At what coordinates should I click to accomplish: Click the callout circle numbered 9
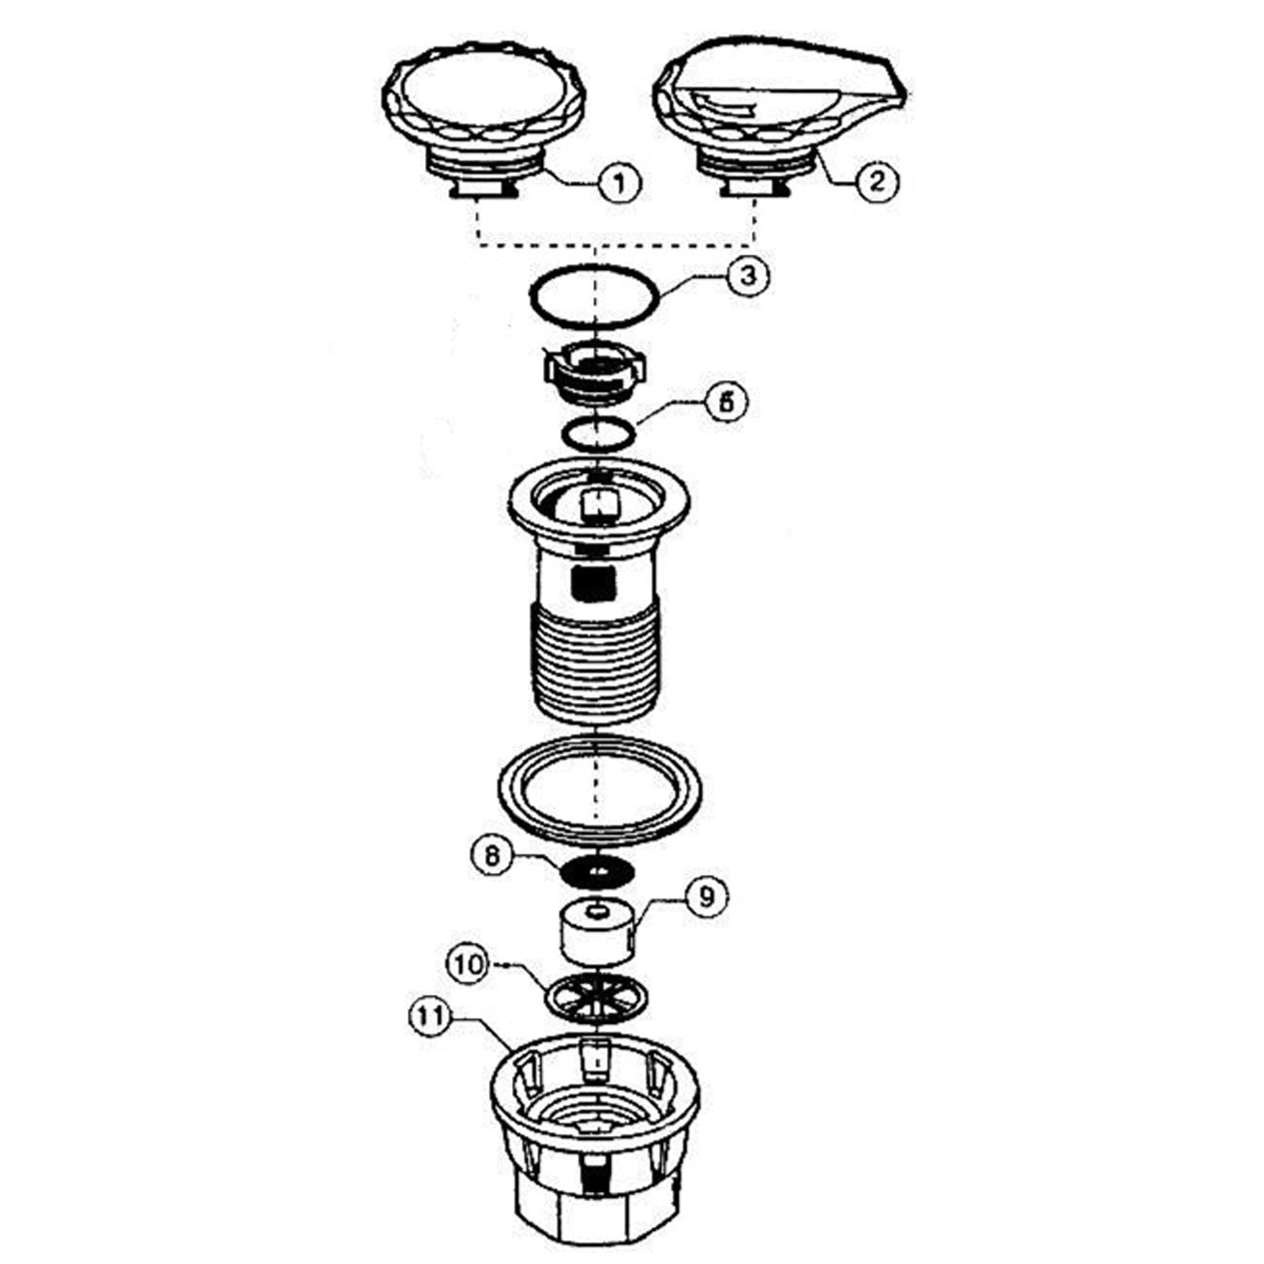(705, 897)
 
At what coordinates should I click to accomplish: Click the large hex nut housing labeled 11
(595, 1145)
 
